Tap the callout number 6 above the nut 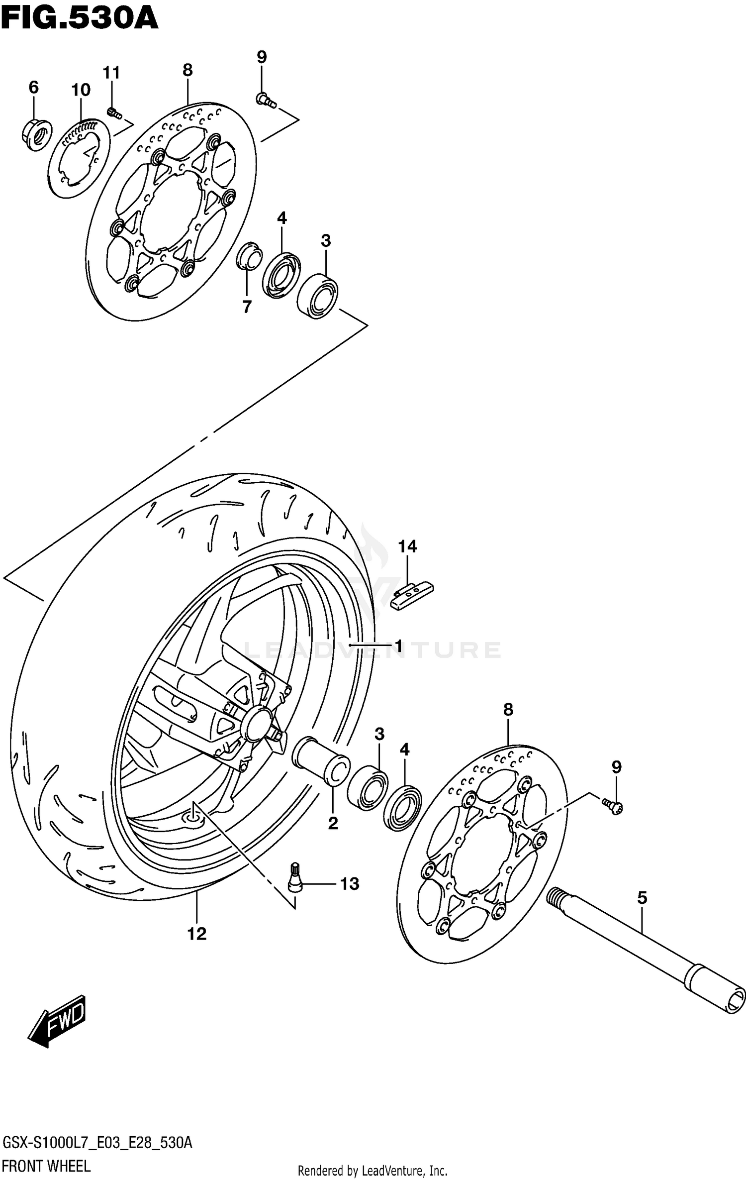[x=33, y=88]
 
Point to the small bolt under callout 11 [x=114, y=113]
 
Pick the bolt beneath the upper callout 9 [x=266, y=101]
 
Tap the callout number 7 [x=247, y=307]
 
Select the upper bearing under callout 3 [x=317, y=296]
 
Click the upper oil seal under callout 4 [x=281, y=275]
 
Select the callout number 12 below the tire [x=197, y=934]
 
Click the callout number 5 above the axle [x=642, y=898]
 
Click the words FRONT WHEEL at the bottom [x=46, y=1166]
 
